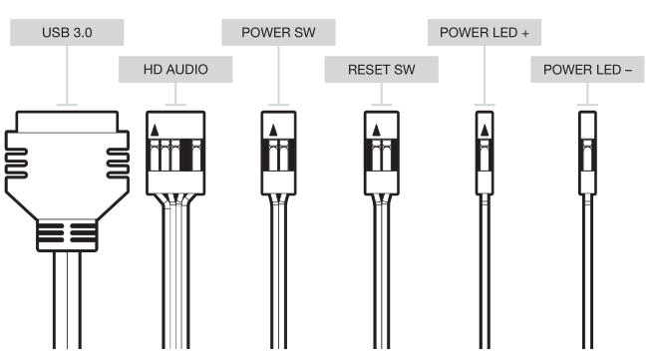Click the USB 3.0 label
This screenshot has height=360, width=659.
(67, 33)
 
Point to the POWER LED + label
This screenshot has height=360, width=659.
(485, 33)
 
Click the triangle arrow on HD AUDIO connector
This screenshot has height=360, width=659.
(155, 129)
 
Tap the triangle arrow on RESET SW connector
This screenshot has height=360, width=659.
(376, 129)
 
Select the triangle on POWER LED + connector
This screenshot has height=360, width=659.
(485, 129)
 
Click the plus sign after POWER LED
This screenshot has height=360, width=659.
(523, 33)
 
